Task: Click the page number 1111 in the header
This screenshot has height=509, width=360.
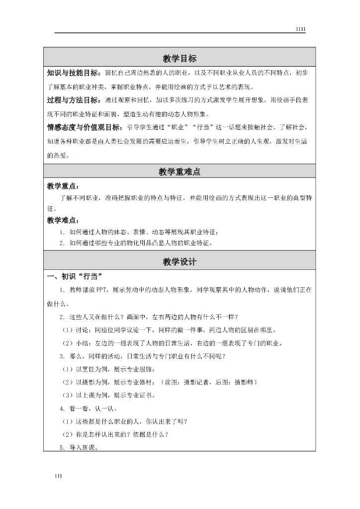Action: point(300,29)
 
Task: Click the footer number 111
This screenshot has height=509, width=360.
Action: point(59,477)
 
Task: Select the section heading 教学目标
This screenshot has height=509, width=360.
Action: point(180,58)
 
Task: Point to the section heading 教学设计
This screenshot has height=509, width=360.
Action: point(180,262)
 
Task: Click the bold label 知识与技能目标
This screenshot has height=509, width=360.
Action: point(75,73)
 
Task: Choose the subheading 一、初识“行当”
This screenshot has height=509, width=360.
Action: point(75,277)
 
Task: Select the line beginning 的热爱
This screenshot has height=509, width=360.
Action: point(58,155)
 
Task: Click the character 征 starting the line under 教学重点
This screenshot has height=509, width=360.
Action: point(50,209)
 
